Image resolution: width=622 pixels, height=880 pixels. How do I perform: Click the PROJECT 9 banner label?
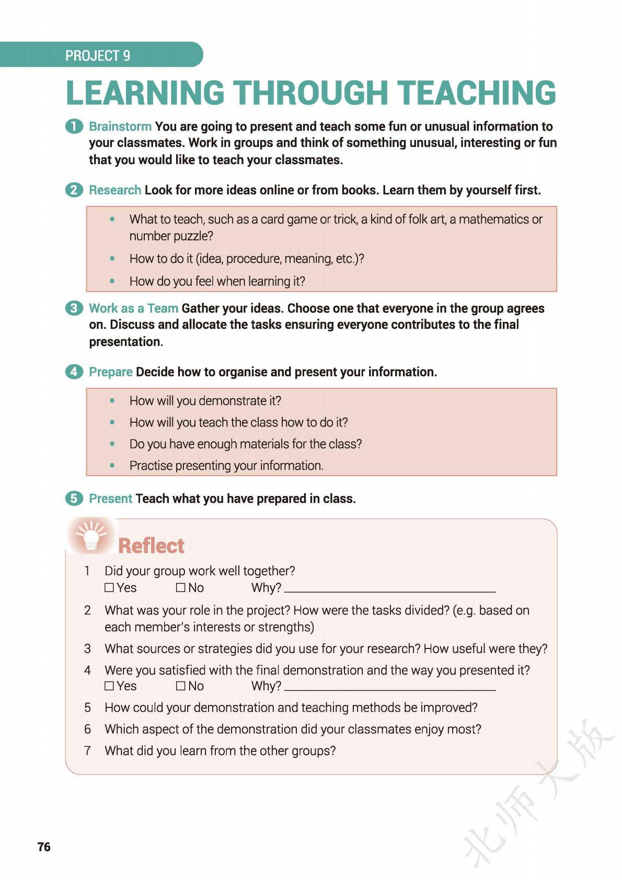point(98,55)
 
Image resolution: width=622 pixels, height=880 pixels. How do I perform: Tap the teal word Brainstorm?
point(120,126)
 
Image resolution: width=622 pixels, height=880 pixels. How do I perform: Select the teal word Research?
point(115,190)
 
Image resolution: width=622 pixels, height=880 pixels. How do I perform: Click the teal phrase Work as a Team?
point(133,308)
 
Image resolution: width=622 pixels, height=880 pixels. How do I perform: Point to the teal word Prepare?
point(111,372)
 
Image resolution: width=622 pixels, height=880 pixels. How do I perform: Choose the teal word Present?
point(110,499)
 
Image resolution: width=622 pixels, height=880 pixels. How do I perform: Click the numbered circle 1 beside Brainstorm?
point(74,126)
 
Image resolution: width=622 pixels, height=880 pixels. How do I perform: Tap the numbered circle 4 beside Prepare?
point(74,372)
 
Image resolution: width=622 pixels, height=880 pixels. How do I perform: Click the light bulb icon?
point(91,535)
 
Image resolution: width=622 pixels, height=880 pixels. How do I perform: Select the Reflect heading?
point(151,546)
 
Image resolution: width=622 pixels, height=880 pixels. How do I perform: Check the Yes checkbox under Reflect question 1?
point(109,588)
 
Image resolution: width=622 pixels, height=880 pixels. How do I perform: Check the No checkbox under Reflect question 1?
point(181,588)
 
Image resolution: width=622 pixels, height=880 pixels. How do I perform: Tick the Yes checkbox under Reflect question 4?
point(109,686)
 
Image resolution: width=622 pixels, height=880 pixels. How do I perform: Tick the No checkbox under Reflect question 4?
point(181,686)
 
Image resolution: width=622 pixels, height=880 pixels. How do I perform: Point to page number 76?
point(44,847)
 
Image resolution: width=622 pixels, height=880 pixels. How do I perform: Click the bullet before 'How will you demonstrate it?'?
point(112,401)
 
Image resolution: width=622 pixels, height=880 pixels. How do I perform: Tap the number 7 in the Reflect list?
point(87,751)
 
